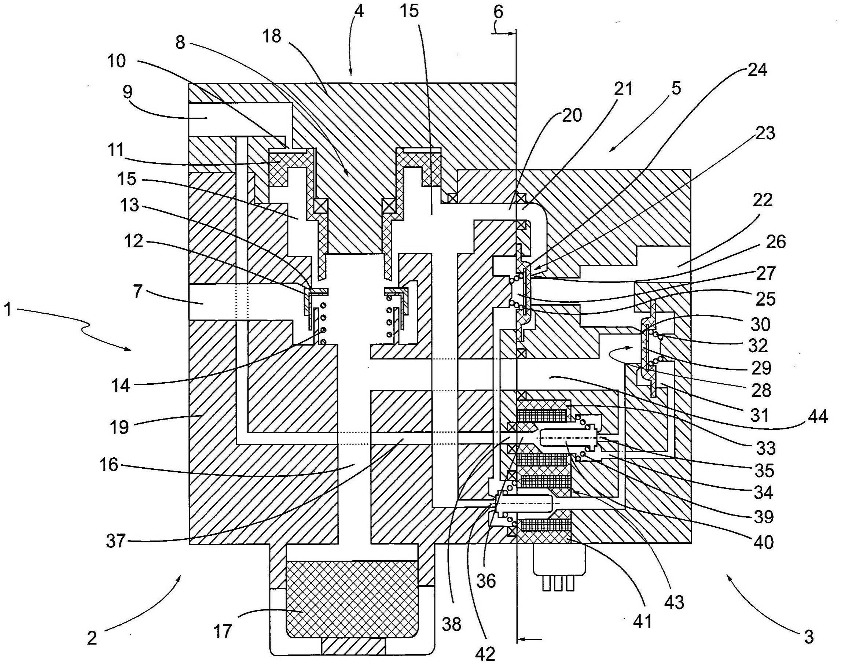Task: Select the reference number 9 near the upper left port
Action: (127, 92)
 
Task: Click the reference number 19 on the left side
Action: (119, 427)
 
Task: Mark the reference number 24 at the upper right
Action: (757, 70)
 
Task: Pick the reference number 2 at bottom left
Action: (92, 638)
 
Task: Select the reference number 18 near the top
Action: (272, 36)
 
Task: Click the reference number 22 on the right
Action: (762, 200)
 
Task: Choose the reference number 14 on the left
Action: (121, 385)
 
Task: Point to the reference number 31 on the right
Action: (759, 415)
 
